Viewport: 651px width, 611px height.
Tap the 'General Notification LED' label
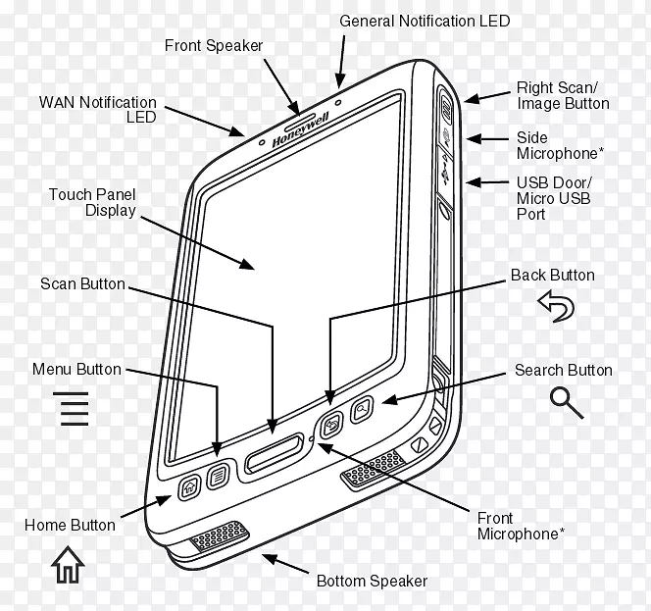425,21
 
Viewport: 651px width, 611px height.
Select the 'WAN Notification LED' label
97,109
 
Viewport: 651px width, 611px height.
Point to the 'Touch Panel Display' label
92,202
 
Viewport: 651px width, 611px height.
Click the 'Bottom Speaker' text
372,581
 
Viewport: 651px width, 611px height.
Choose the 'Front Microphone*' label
520,526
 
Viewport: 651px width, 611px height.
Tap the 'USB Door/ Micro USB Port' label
554,198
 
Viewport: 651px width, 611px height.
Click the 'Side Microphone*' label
557,145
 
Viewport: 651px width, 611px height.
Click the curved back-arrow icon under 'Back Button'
557,309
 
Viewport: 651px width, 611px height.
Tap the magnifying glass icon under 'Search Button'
567,401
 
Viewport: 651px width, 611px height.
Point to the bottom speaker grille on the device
217,537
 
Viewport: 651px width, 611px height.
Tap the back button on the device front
331,425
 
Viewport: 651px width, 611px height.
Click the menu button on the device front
222,474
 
